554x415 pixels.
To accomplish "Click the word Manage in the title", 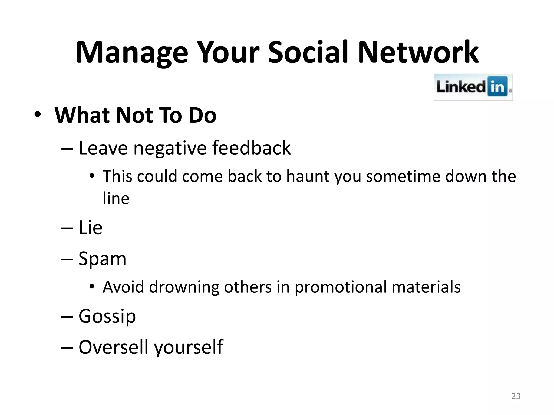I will (132, 53).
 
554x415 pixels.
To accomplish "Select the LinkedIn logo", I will (473, 87).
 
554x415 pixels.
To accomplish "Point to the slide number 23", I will (516, 396).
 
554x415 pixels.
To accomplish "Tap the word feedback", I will (251, 148).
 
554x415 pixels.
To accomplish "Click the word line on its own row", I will (116, 199).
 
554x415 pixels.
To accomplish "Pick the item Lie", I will (90, 228).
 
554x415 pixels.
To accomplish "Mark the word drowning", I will (184, 287).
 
